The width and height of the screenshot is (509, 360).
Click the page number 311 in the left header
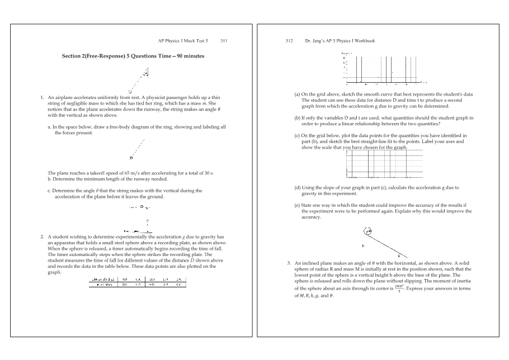pyautogui.click(x=224, y=41)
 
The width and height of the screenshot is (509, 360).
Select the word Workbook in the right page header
pyautogui.click(x=364, y=41)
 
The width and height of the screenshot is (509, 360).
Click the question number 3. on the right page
pyautogui.click(x=289, y=263)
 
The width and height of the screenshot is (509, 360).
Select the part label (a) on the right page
pyautogui.click(x=298, y=94)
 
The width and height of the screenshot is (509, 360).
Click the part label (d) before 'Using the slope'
pyautogui.click(x=298, y=188)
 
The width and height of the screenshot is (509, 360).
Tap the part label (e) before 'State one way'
pyautogui.click(x=298, y=205)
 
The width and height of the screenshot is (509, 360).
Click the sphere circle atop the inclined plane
pyautogui.click(x=367, y=230)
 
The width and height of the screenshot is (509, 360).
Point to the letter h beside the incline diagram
pyautogui.click(x=363, y=245)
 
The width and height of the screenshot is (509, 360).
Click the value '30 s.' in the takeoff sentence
pyautogui.click(x=210, y=173)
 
